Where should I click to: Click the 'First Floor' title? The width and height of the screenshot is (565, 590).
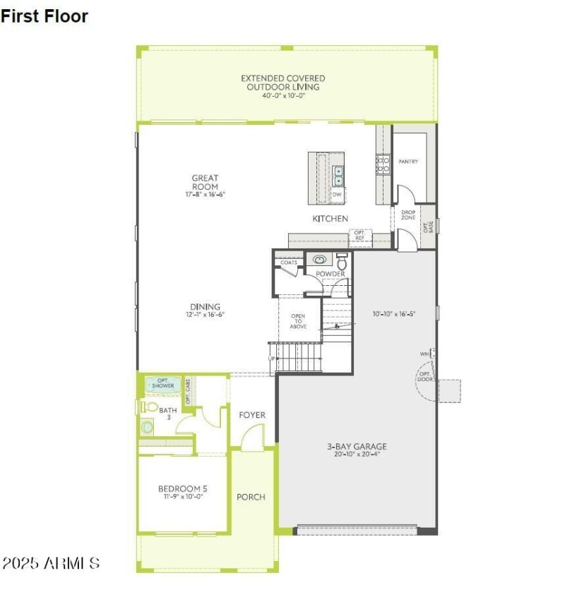pos(44,16)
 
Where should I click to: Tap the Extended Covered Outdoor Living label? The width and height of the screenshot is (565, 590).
pos(282,83)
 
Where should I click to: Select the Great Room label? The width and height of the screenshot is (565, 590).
pos(205,182)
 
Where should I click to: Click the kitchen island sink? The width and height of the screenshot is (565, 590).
pos(338,171)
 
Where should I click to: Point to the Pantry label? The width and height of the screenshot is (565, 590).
pos(408,162)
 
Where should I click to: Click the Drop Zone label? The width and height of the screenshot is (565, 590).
pos(408,215)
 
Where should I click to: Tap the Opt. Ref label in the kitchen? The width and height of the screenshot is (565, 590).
pos(359,235)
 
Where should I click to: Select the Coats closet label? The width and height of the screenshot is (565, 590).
pos(288,263)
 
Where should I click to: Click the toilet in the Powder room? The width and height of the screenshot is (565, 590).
pos(342,260)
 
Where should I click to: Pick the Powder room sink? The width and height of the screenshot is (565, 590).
pos(320,260)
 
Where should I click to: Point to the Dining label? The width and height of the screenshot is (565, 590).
pos(205,307)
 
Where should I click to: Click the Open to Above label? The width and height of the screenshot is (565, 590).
pos(298,322)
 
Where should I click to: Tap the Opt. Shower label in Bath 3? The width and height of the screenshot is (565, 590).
pos(163,383)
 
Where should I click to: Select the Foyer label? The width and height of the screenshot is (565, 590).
pos(252,415)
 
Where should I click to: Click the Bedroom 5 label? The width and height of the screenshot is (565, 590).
pos(182,488)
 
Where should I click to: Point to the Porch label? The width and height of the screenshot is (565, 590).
pos(251,497)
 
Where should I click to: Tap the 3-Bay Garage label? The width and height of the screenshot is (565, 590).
pos(357,446)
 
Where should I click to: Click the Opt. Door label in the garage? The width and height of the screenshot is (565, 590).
pos(425,377)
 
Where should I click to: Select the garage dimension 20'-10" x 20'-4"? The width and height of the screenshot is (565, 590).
pos(357,454)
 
